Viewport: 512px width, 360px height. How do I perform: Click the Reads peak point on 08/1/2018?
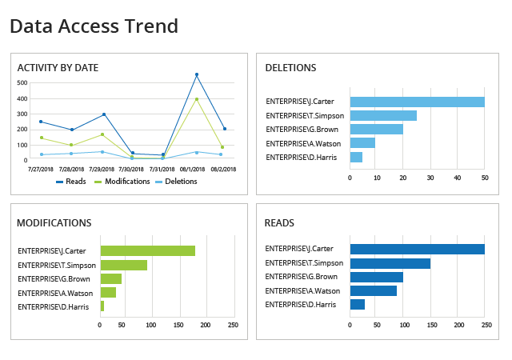click(197, 75)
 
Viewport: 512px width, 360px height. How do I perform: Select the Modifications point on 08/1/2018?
click(197, 99)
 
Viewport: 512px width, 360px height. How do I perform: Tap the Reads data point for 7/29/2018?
click(104, 114)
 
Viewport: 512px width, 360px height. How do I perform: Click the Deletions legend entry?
click(176, 182)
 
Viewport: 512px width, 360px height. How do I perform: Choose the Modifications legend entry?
click(122, 182)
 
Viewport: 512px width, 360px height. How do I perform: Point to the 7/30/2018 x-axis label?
click(131, 170)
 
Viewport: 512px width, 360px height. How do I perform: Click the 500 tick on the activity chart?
click(22, 83)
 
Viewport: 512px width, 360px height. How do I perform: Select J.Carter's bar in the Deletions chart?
click(418, 102)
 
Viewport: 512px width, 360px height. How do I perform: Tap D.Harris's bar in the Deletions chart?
click(356, 157)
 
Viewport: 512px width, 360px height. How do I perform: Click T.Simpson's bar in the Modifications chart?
click(124, 265)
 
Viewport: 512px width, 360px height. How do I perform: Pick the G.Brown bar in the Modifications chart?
click(111, 278)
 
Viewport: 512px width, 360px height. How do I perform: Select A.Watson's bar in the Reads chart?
click(374, 290)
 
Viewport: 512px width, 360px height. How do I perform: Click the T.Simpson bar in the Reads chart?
click(390, 263)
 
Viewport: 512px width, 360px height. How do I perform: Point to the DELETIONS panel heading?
click(290, 68)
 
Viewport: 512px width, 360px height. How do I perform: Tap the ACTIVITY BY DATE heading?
click(58, 68)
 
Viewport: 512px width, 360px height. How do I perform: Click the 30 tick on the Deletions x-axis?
click(430, 178)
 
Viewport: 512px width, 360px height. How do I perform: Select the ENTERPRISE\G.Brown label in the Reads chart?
click(301, 277)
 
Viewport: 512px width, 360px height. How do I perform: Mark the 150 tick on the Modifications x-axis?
click(178, 325)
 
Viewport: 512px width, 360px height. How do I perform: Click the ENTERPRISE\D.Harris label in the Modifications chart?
click(54, 307)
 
